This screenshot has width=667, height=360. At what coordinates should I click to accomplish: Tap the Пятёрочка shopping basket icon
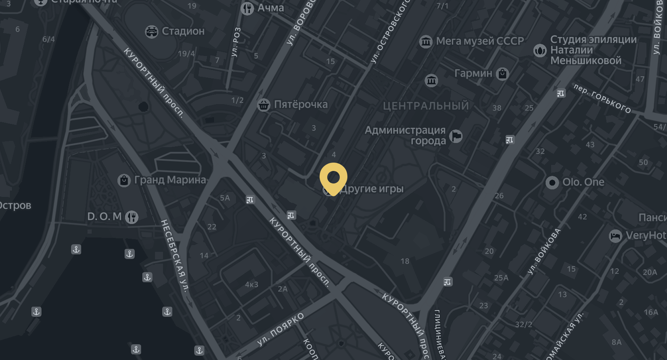point(264,105)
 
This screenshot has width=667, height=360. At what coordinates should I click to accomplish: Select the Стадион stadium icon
point(151,32)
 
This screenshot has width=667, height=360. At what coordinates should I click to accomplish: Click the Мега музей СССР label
point(480,41)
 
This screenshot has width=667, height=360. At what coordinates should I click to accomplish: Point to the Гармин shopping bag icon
point(502,74)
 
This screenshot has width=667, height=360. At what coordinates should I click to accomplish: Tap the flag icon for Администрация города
point(456,136)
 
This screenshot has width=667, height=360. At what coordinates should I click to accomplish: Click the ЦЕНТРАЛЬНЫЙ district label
point(426,106)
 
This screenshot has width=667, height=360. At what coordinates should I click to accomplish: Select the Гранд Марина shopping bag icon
point(124,180)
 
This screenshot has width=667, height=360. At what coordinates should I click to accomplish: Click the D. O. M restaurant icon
point(132,217)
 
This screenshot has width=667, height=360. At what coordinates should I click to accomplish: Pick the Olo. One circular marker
point(552,182)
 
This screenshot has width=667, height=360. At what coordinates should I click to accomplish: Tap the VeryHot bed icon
point(615,236)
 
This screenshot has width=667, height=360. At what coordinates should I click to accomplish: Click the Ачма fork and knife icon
point(247,8)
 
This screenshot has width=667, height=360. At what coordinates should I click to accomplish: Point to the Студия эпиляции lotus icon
point(540,51)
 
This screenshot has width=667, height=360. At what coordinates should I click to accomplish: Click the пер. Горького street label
point(602,99)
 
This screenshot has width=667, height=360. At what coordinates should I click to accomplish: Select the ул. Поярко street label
point(280,329)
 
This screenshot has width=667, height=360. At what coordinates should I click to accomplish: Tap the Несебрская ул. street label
point(175,255)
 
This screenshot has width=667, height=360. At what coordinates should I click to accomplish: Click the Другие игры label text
point(372,189)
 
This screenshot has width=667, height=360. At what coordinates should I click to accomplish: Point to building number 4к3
point(252,285)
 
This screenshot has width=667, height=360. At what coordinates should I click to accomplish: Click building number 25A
point(501,278)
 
